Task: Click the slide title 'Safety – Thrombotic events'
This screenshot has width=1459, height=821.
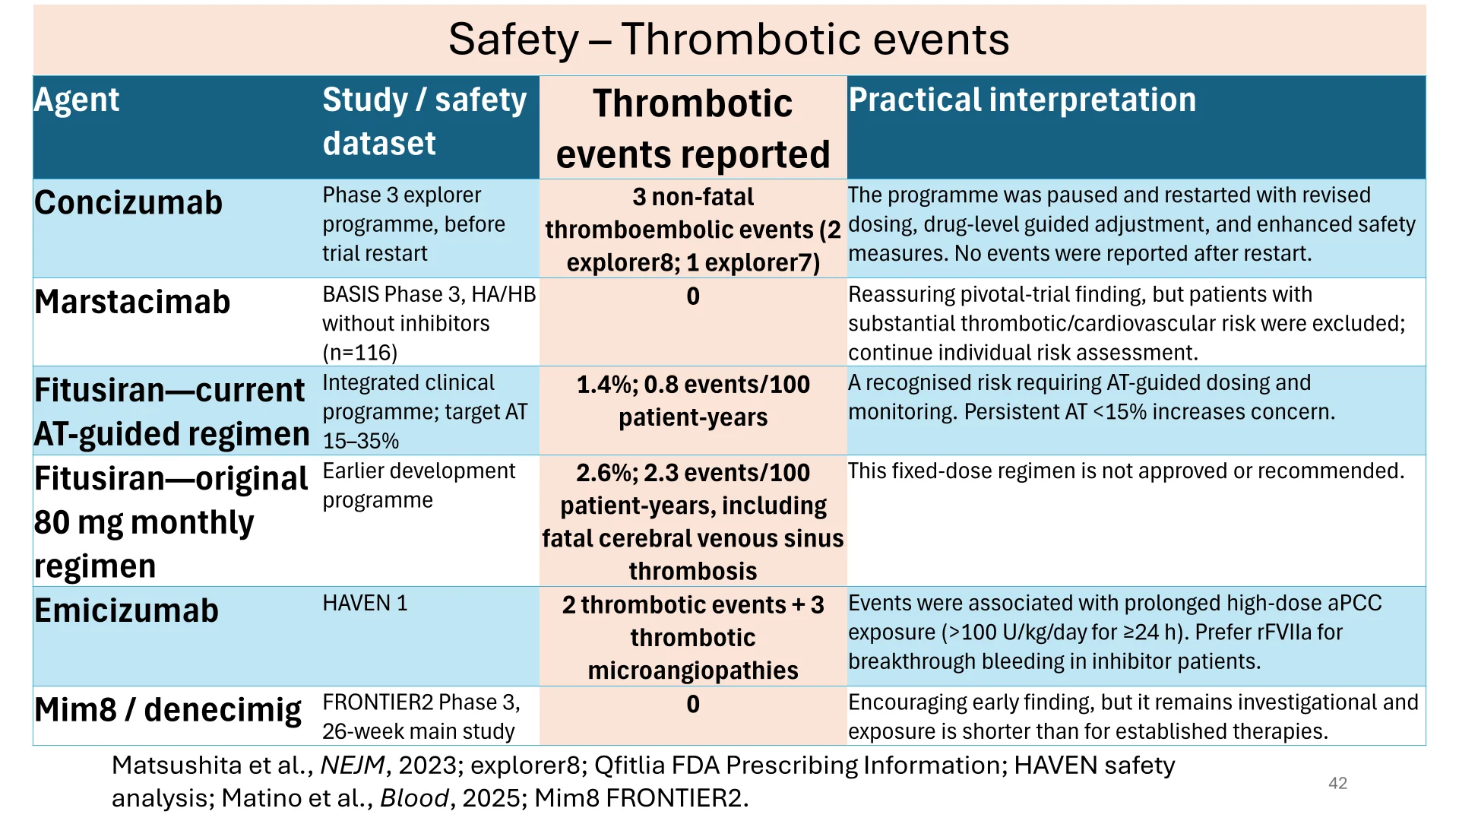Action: click(x=729, y=39)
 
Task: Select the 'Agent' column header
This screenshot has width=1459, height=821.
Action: click(x=77, y=100)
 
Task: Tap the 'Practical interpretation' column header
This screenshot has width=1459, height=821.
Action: click(x=1022, y=100)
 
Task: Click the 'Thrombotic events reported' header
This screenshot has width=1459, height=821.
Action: click(x=693, y=128)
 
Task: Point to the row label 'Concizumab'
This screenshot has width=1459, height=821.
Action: click(x=128, y=203)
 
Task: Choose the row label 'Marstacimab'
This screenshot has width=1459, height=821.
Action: click(x=132, y=303)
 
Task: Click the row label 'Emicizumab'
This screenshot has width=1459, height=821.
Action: click(x=126, y=611)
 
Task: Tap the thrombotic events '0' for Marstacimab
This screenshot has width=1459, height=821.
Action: click(x=693, y=296)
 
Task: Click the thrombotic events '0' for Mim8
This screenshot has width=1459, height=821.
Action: click(x=693, y=705)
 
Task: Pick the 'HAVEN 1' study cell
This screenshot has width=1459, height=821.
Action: click(x=365, y=604)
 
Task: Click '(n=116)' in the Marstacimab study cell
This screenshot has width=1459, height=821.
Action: click(x=359, y=353)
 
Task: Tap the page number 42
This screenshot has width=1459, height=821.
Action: click(x=1338, y=784)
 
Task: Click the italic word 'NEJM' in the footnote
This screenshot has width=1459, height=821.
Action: click(x=353, y=766)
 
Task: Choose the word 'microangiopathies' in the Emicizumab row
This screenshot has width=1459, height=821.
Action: click(x=693, y=670)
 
